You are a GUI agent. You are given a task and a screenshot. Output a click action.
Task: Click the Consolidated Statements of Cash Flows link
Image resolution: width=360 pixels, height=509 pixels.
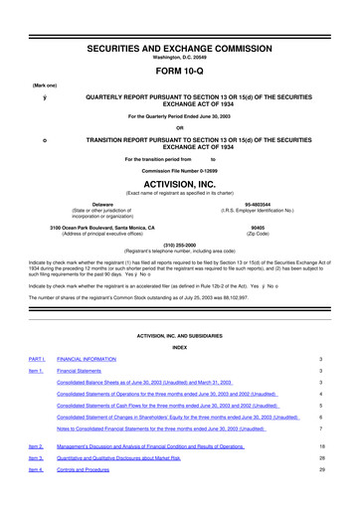click(167, 407)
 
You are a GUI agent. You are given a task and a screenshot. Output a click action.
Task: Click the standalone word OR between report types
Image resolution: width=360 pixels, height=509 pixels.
click(180, 127)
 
